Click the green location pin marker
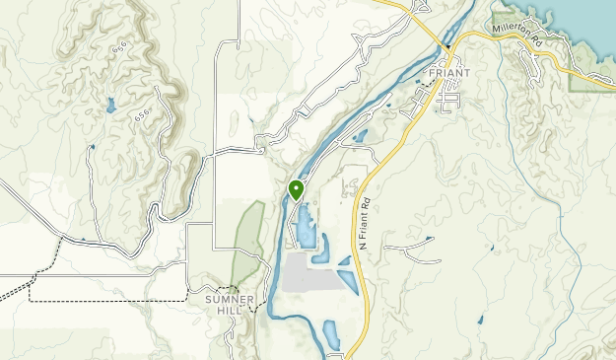[296, 189]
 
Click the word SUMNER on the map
[231, 299]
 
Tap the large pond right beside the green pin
[305, 225]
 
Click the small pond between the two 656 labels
[110, 104]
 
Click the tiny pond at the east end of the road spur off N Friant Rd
[430, 239]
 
